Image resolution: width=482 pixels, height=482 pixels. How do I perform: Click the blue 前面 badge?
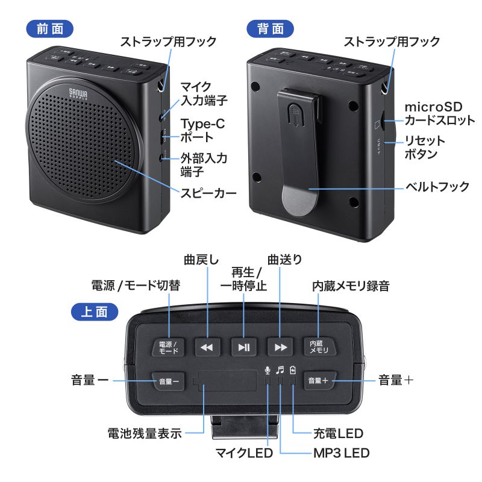coord(50,28)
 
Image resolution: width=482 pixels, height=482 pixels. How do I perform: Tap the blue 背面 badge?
coord(270,28)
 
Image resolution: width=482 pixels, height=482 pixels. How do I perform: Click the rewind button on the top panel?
coord(207,347)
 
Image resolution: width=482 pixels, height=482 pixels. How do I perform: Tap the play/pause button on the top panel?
coord(244,347)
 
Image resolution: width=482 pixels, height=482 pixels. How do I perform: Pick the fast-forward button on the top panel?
coord(280,347)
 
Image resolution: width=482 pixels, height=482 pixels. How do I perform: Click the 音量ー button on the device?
coord(169,381)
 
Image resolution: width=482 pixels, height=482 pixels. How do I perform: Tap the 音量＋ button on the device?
coord(318,381)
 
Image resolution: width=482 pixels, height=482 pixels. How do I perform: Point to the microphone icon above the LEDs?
coord(268,370)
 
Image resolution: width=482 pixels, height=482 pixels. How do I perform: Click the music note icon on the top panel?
coord(280,370)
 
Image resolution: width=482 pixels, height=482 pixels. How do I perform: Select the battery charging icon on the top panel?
coord(293,370)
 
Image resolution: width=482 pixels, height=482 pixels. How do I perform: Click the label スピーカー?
coord(208,194)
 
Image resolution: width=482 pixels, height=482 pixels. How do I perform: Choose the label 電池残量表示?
coord(145,433)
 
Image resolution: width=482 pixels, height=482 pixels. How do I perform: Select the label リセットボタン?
coord(425,147)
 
